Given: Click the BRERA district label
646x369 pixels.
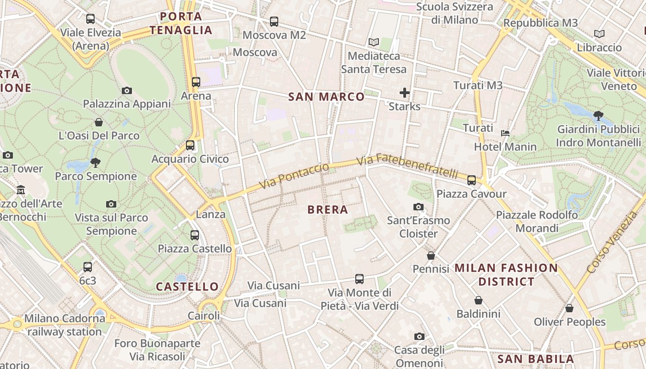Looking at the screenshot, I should point(328,210).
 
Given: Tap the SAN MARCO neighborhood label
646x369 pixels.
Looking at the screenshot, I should point(326,97).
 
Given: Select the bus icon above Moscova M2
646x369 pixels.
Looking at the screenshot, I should point(274,22).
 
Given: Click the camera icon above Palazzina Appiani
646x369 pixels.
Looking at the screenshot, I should point(127,90).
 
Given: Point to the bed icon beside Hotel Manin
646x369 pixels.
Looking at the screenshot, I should point(505,133).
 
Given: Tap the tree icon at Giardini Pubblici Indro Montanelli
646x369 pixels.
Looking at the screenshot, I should point(598,115).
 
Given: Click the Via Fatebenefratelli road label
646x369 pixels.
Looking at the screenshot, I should point(407,167).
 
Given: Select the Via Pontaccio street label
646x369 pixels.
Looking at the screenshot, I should point(294,176).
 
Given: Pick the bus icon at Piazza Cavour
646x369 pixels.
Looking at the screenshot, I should point(472,180).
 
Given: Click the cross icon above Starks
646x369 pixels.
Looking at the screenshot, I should point(405,93).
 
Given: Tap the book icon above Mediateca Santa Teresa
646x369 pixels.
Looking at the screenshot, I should point(374,42).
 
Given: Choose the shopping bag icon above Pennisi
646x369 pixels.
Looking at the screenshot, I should point(431,256).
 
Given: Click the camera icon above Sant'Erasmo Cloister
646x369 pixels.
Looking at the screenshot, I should point(419,207).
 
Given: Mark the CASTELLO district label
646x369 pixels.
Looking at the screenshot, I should point(187,286).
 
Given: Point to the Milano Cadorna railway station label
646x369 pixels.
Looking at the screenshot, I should point(64,325).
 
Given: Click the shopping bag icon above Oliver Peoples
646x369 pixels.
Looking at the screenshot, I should point(569,308).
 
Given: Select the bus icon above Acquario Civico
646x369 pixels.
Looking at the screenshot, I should point(190,145).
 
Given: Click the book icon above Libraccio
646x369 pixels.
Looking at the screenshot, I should point(599,34).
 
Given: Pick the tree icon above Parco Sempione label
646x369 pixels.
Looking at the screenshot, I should point(96,162).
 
